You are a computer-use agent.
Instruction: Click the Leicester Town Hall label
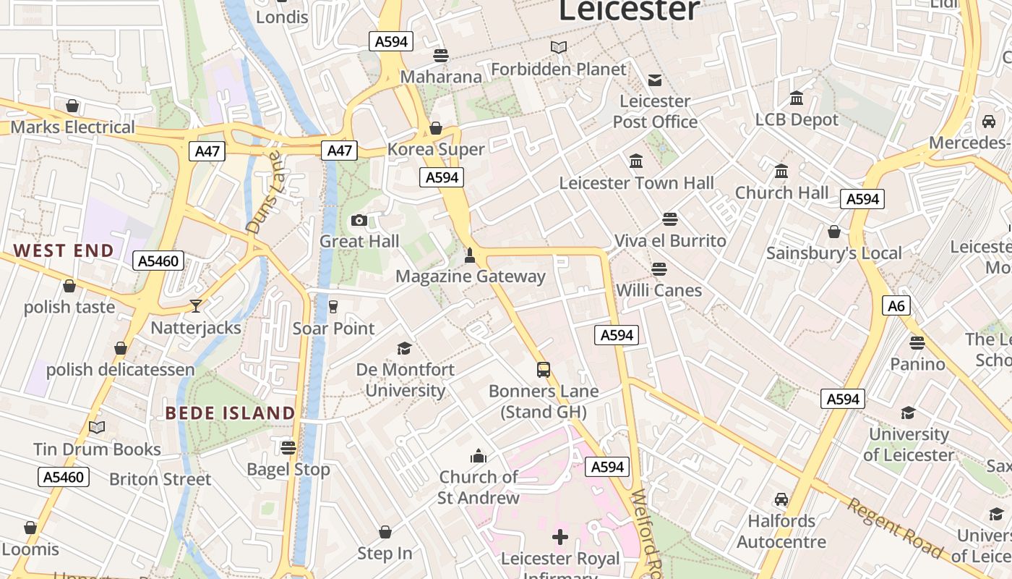pyautogui.click(x=636, y=183)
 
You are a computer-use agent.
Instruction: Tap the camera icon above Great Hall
pyautogui.click(x=359, y=220)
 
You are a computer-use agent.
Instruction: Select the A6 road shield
pyautogui.click(x=896, y=305)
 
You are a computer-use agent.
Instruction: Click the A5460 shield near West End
pyautogui.click(x=158, y=261)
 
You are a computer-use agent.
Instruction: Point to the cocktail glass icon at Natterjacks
pyautogui.click(x=196, y=306)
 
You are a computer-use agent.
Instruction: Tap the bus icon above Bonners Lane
pyautogui.click(x=544, y=370)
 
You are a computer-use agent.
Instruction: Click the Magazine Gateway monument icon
pyautogui.click(x=470, y=255)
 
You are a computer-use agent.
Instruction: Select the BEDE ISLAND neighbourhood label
pyautogui.click(x=230, y=413)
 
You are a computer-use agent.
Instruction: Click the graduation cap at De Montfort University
pyautogui.click(x=405, y=348)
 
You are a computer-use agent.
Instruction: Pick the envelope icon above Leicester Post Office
pyautogui.click(x=655, y=80)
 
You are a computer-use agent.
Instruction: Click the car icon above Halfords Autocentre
pyautogui.click(x=781, y=499)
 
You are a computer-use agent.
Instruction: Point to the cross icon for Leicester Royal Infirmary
pyautogui.click(x=560, y=537)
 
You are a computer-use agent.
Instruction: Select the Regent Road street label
pyautogui.click(x=895, y=528)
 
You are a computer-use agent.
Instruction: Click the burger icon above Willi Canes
pyautogui.click(x=659, y=269)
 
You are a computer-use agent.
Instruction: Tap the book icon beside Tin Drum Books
pyautogui.click(x=97, y=428)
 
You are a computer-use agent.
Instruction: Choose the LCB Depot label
pyautogui.click(x=797, y=119)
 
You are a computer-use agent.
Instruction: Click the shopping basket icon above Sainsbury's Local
pyautogui.click(x=834, y=232)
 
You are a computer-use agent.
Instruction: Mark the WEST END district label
pyautogui.click(x=64, y=251)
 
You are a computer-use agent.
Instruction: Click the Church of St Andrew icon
pyautogui.click(x=479, y=456)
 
